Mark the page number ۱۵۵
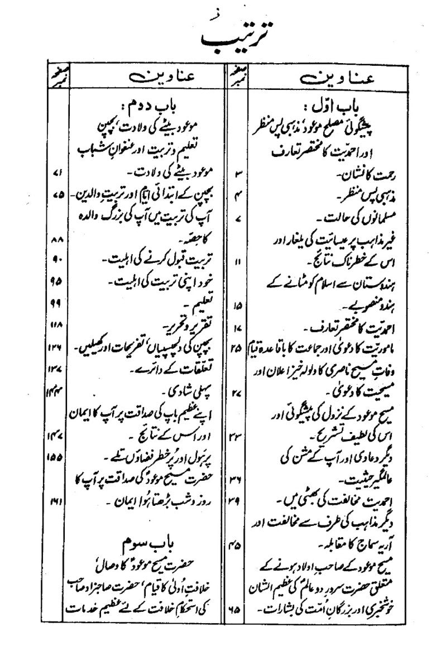coord(54,455)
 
